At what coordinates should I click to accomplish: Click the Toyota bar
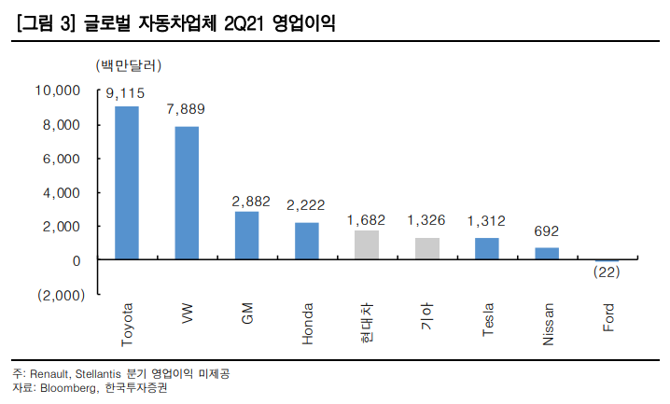(x=127, y=183)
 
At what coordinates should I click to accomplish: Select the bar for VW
(x=187, y=193)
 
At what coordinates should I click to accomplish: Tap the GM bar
(x=246, y=235)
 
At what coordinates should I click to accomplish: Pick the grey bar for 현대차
(x=367, y=245)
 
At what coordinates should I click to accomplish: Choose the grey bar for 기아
(x=426, y=249)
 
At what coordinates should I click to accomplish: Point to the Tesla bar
(x=486, y=249)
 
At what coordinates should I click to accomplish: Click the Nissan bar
(x=547, y=254)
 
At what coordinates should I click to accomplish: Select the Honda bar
(x=307, y=241)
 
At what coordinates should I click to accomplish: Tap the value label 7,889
(x=186, y=110)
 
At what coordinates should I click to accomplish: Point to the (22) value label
(x=607, y=272)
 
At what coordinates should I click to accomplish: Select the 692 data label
(x=547, y=230)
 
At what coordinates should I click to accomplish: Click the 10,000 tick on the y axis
(x=58, y=91)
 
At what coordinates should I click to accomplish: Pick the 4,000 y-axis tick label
(x=63, y=192)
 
